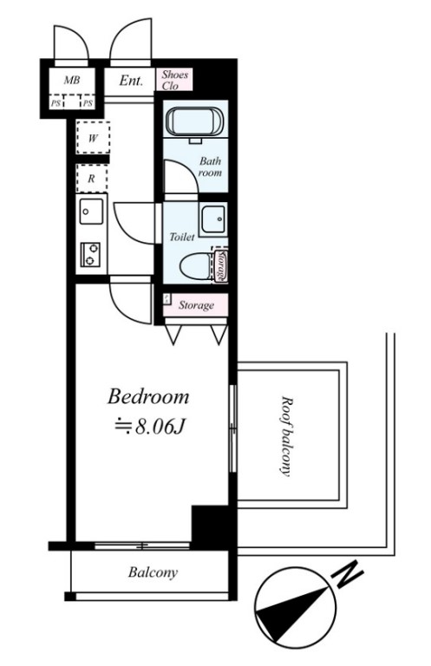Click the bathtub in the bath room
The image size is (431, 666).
(x=195, y=121)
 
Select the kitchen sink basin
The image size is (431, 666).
(x=91, y=211)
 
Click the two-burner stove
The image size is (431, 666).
(x=90, y=255)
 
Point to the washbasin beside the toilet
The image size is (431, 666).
(x=213, y=219)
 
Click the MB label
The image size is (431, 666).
(x=72, y=80)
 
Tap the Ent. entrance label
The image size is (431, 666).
(x=131, y=81)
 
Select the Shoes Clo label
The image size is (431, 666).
(x=174, y=80)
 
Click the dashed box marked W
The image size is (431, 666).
(x=93, y=138)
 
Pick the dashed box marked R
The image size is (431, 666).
(x=92, y=179)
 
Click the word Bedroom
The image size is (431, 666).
(x=148, y=396)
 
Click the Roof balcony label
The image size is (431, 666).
(x=287, y=437)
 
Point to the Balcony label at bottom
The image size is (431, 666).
(x=153, y=572)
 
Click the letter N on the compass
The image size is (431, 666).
(x=349, y=575)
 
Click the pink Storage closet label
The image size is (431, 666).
(x=196, y=305)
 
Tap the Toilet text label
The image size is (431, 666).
(x=182, y=237)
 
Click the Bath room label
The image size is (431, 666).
(x=210, y=166)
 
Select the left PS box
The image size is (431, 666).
(x=56, y=103)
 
